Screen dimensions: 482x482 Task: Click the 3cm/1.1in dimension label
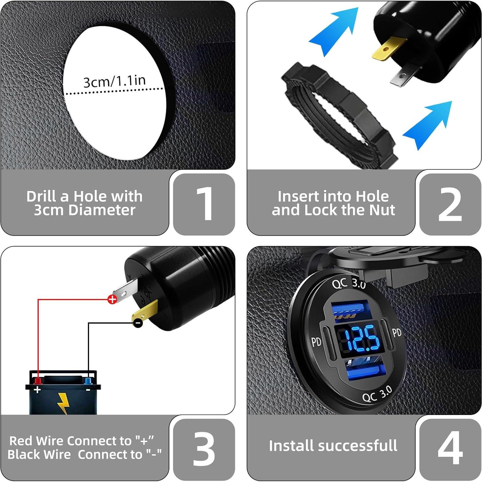click(x=115, y=81)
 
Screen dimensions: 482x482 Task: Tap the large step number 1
click(x=205, y=204)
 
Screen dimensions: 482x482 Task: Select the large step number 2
click(x=450, y=204)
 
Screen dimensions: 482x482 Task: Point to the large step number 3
click(x=204, y=449)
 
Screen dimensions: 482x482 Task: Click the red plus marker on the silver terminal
click(x=112, y=299)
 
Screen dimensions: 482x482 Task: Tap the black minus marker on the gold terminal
click(x=138, y=323)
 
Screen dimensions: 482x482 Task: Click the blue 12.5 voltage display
click(x=361, y=339)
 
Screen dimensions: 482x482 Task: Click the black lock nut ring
click(x=339, y=113)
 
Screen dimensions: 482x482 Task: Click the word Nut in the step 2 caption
click(x=382, y=210)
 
